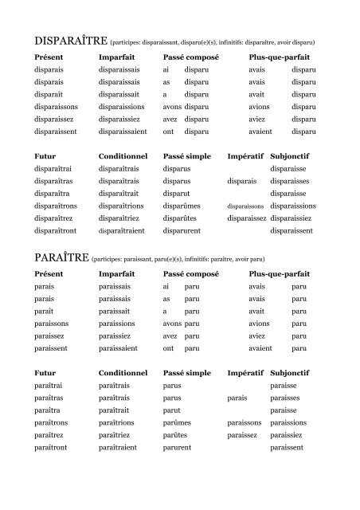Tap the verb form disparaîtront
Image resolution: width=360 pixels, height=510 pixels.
coord(55,231)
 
